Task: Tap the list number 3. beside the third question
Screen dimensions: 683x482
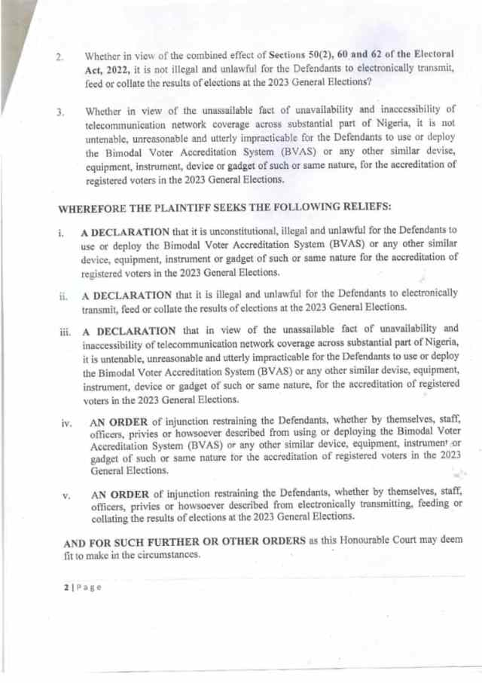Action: [x=59, y=113]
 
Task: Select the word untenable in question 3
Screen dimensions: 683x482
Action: [x=111, y=141]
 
